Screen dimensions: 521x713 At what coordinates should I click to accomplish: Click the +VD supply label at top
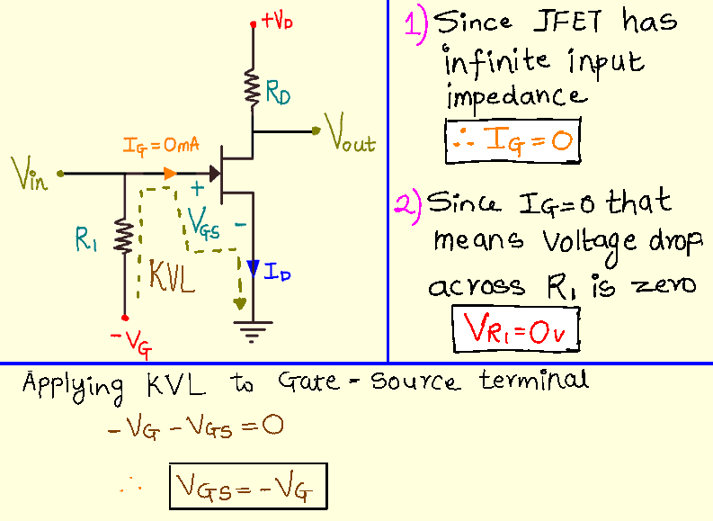coord(275,21)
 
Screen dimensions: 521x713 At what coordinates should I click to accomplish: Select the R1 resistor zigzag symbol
coord(125,239)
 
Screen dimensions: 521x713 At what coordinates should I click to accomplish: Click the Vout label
coord(352,142)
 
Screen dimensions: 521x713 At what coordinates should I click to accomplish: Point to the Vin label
coord(30,172)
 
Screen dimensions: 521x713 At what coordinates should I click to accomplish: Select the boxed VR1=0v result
coord(515,328)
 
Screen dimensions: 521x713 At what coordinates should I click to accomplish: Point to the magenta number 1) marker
coord(414,22)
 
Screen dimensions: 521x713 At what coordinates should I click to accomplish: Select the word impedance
coord(516,95)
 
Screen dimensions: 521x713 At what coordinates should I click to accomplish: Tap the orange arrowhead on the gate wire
coord(171,172)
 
